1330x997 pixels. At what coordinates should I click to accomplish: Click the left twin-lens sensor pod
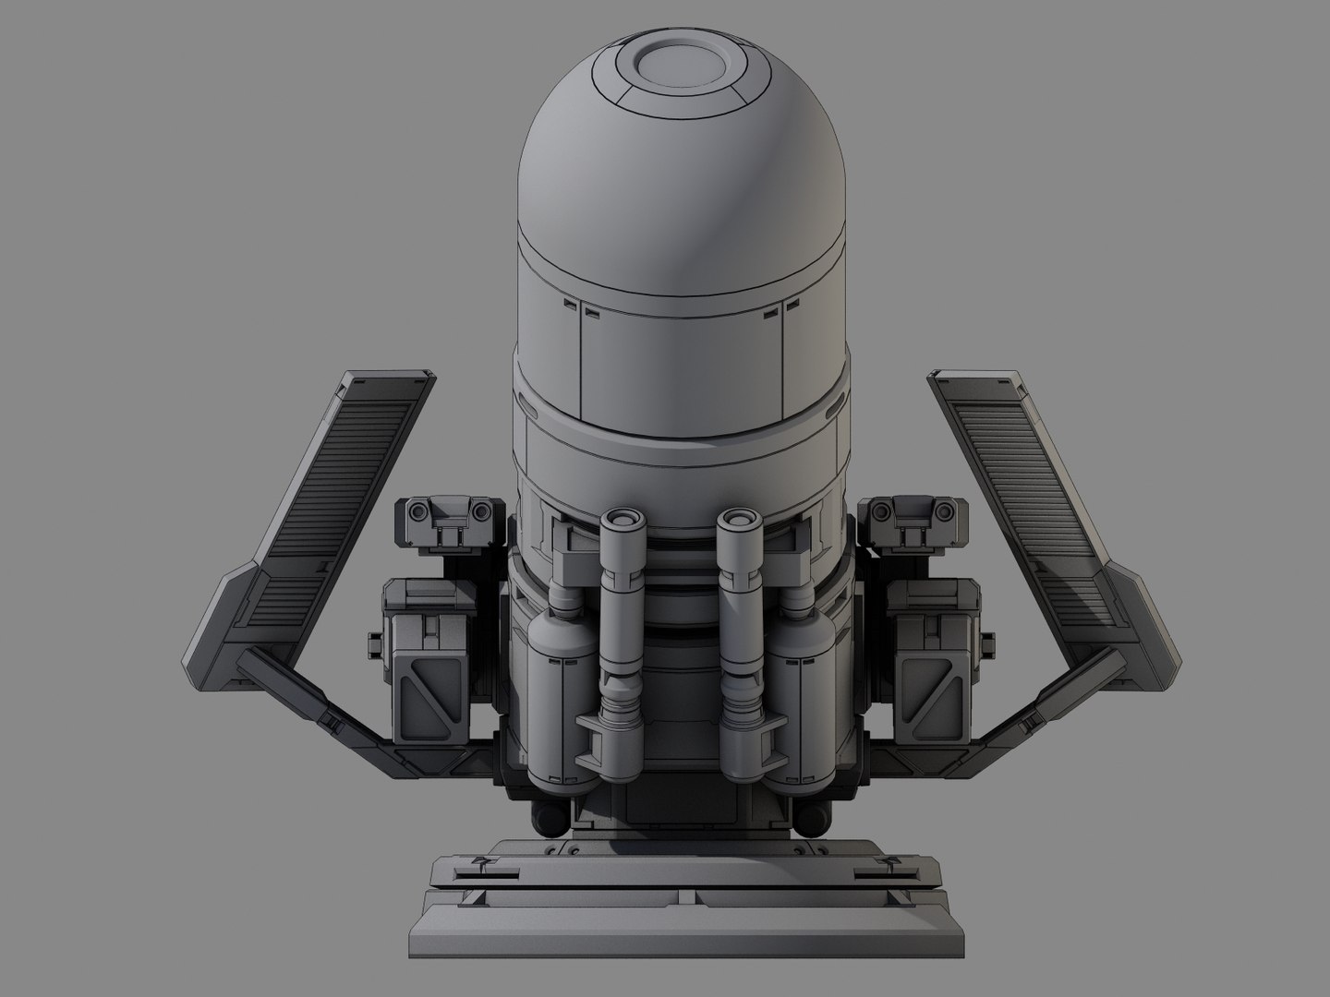[x=448, y=512]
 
